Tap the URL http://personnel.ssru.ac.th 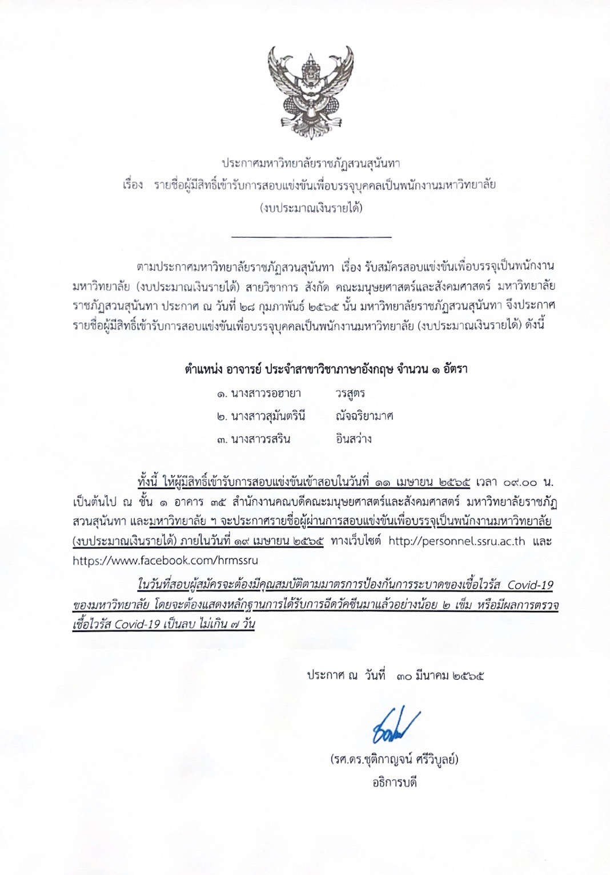[456, 541]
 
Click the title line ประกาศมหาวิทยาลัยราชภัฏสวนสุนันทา [311, 163]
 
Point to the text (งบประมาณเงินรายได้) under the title [311, 207]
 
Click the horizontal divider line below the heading [311, 236]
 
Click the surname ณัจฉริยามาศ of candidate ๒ [364, 416]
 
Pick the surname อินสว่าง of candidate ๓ [354, 439]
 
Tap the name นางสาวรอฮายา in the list [266, 393]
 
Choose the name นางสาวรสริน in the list [260, 439]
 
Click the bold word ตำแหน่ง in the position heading [204, 368]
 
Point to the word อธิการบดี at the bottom [394, 782]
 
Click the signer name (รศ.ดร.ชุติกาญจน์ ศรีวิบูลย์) [394, 760]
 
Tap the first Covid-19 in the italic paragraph [530, 585]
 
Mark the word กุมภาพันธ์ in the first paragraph [279, 306]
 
